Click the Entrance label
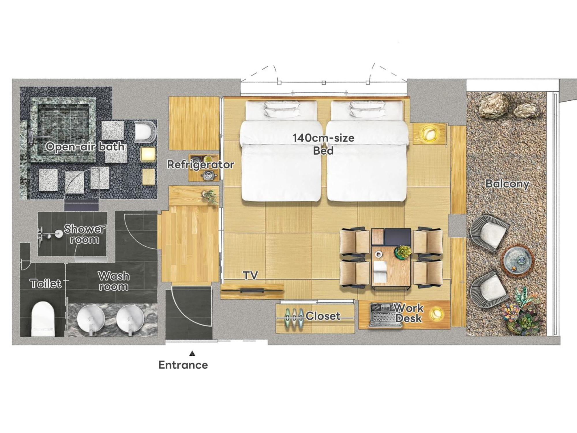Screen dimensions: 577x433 [x=183, y=365]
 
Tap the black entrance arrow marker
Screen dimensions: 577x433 [x=192, y=353]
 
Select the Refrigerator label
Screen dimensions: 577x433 [x=201, y=164]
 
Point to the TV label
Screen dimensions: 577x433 [x=250, y=275]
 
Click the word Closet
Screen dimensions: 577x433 [x=323, y=316]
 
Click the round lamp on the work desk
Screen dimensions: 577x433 [x=437, y=313]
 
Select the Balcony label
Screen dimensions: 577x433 [x=507, y=184]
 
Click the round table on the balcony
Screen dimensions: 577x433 [x=517, y=259]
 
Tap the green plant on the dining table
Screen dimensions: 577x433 [x=402, y=251]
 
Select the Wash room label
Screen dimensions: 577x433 [x=113, y=281]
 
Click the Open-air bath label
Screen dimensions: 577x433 [x=85, y=147]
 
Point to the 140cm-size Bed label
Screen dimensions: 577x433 [x=323, y=144]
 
